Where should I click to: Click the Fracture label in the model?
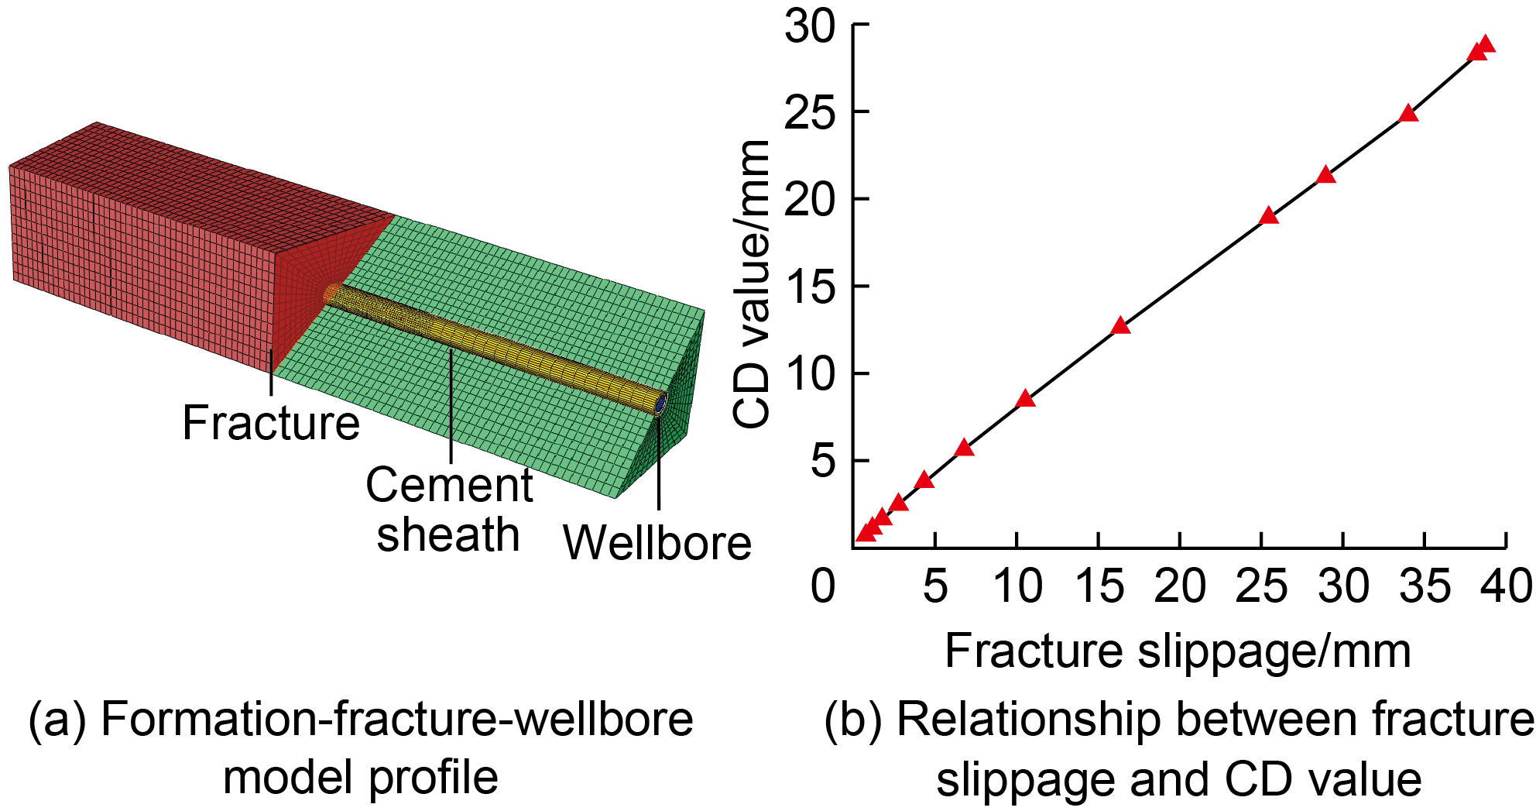coord(271,423)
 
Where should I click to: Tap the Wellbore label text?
coord(657,542)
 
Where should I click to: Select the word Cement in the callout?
coord(449,486)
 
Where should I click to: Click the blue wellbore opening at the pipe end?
coord(661,404)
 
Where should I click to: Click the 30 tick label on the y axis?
coord(811,26)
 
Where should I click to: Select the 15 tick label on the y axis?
coord(811,287)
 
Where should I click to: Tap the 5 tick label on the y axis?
coord(824,462)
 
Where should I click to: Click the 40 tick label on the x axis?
coord(1506,586)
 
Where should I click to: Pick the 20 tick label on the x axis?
coord(1179,586)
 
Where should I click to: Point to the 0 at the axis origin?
coord(823,586)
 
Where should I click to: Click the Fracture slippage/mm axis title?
coord(1178,651)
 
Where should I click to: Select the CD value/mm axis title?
coord(751,284)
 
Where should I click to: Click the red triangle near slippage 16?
coord(1120,326)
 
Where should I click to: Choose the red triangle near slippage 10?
coord(1025,399)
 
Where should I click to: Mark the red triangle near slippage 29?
coord(1326,175)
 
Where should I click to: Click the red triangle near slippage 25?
coord(1268,216)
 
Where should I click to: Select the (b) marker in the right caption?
coord(852,720)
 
